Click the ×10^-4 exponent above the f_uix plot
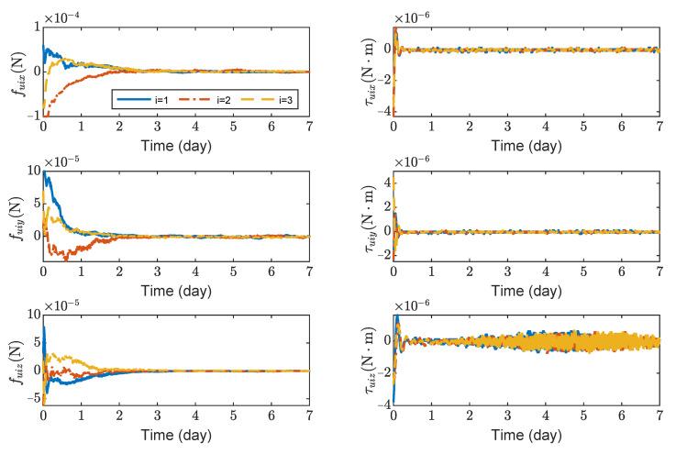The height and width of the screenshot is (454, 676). (x=62, y=13)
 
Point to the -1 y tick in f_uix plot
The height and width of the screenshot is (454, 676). (x=33, y=114)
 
